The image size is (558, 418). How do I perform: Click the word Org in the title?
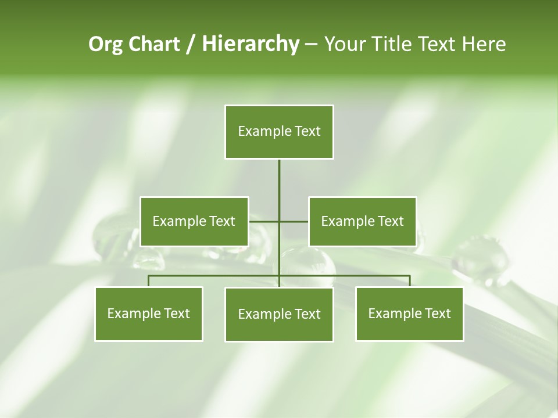[x=106, y=44]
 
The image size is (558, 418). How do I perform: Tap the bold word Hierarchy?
[x=251, y=44]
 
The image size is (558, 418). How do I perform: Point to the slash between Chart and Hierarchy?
[x=191, y=44]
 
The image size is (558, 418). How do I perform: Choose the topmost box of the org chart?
[x=279, y=131]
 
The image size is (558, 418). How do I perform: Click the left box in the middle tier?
[x=194, y=221]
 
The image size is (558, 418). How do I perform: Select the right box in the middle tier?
[x=362, y=221]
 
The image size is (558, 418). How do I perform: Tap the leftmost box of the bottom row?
[x=149, y=313]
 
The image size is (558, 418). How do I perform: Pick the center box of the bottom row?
[x=279, y=314]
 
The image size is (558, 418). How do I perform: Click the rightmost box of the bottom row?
[x=409, y=313]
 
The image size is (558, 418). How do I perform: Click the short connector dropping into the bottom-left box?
[x=149, y=281]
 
